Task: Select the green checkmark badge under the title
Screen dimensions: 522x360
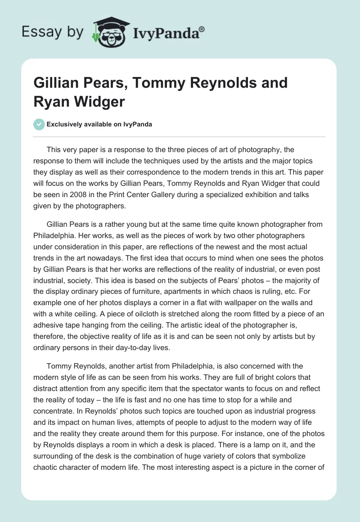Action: pyautogui.click(x=39, y=124)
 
